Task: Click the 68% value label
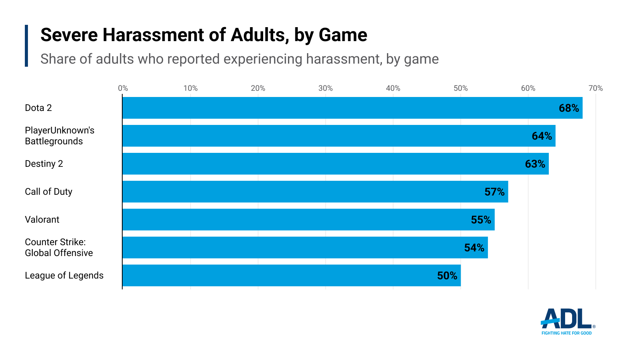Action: point(569,108)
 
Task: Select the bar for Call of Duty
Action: point(315,192)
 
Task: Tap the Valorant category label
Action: point(42,220)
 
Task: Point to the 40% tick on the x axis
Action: point(393,88)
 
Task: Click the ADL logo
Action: point(567,319)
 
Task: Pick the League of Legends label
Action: point(64,275)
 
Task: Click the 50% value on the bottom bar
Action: point(447,276)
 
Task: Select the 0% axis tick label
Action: point(123,88)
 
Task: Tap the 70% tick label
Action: point(595,88)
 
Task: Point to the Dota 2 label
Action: point(38,108)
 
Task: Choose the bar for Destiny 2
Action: point(335,164)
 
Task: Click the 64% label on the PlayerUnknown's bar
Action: point(541,136)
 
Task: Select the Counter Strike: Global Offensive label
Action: point(59,247)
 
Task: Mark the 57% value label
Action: point(494,192)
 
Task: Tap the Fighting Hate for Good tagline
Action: point(566,333)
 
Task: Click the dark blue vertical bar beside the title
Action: point(26,46)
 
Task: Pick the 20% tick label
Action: point(258,88)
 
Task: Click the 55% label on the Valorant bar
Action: point(481,220)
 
